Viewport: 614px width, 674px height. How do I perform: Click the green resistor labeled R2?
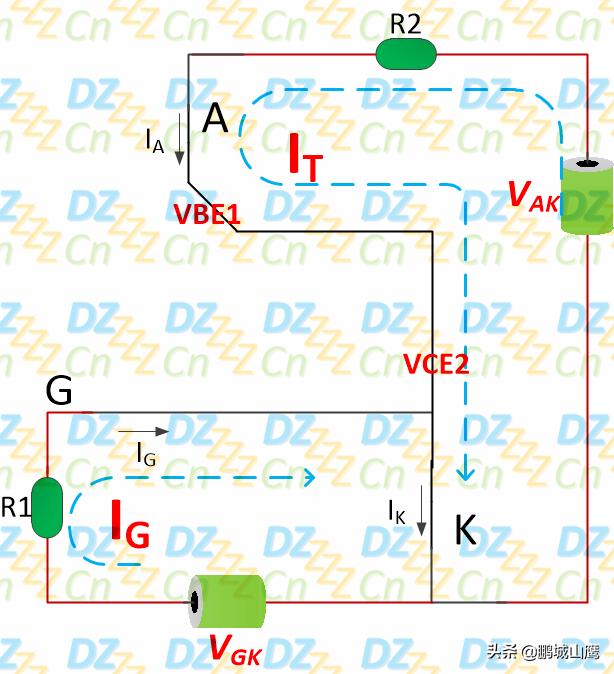[406, 54]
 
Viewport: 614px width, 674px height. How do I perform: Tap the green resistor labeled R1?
[47, 507]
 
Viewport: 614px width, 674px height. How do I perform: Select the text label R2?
[405, 24]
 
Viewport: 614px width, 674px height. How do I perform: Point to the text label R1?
[16, 507]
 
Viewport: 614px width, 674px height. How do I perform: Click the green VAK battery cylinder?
[587, 196]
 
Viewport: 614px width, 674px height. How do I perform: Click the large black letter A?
[215, 118]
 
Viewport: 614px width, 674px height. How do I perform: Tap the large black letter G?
[59, 390]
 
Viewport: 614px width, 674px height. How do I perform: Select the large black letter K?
[466, 529]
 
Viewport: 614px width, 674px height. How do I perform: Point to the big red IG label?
[130, 524]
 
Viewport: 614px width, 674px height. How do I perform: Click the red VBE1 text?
[206, 214]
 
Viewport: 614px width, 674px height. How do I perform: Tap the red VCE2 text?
[436, 364]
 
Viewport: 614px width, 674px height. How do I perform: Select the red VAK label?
[534, 196]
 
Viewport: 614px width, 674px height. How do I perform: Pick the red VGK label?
[236, 650]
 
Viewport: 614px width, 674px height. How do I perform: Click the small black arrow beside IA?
[179, 139]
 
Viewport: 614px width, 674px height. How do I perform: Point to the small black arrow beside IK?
[422, 511]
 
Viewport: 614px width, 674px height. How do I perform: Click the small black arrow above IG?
[144, 431]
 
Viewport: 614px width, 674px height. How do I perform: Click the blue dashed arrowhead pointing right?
[310, 477]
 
